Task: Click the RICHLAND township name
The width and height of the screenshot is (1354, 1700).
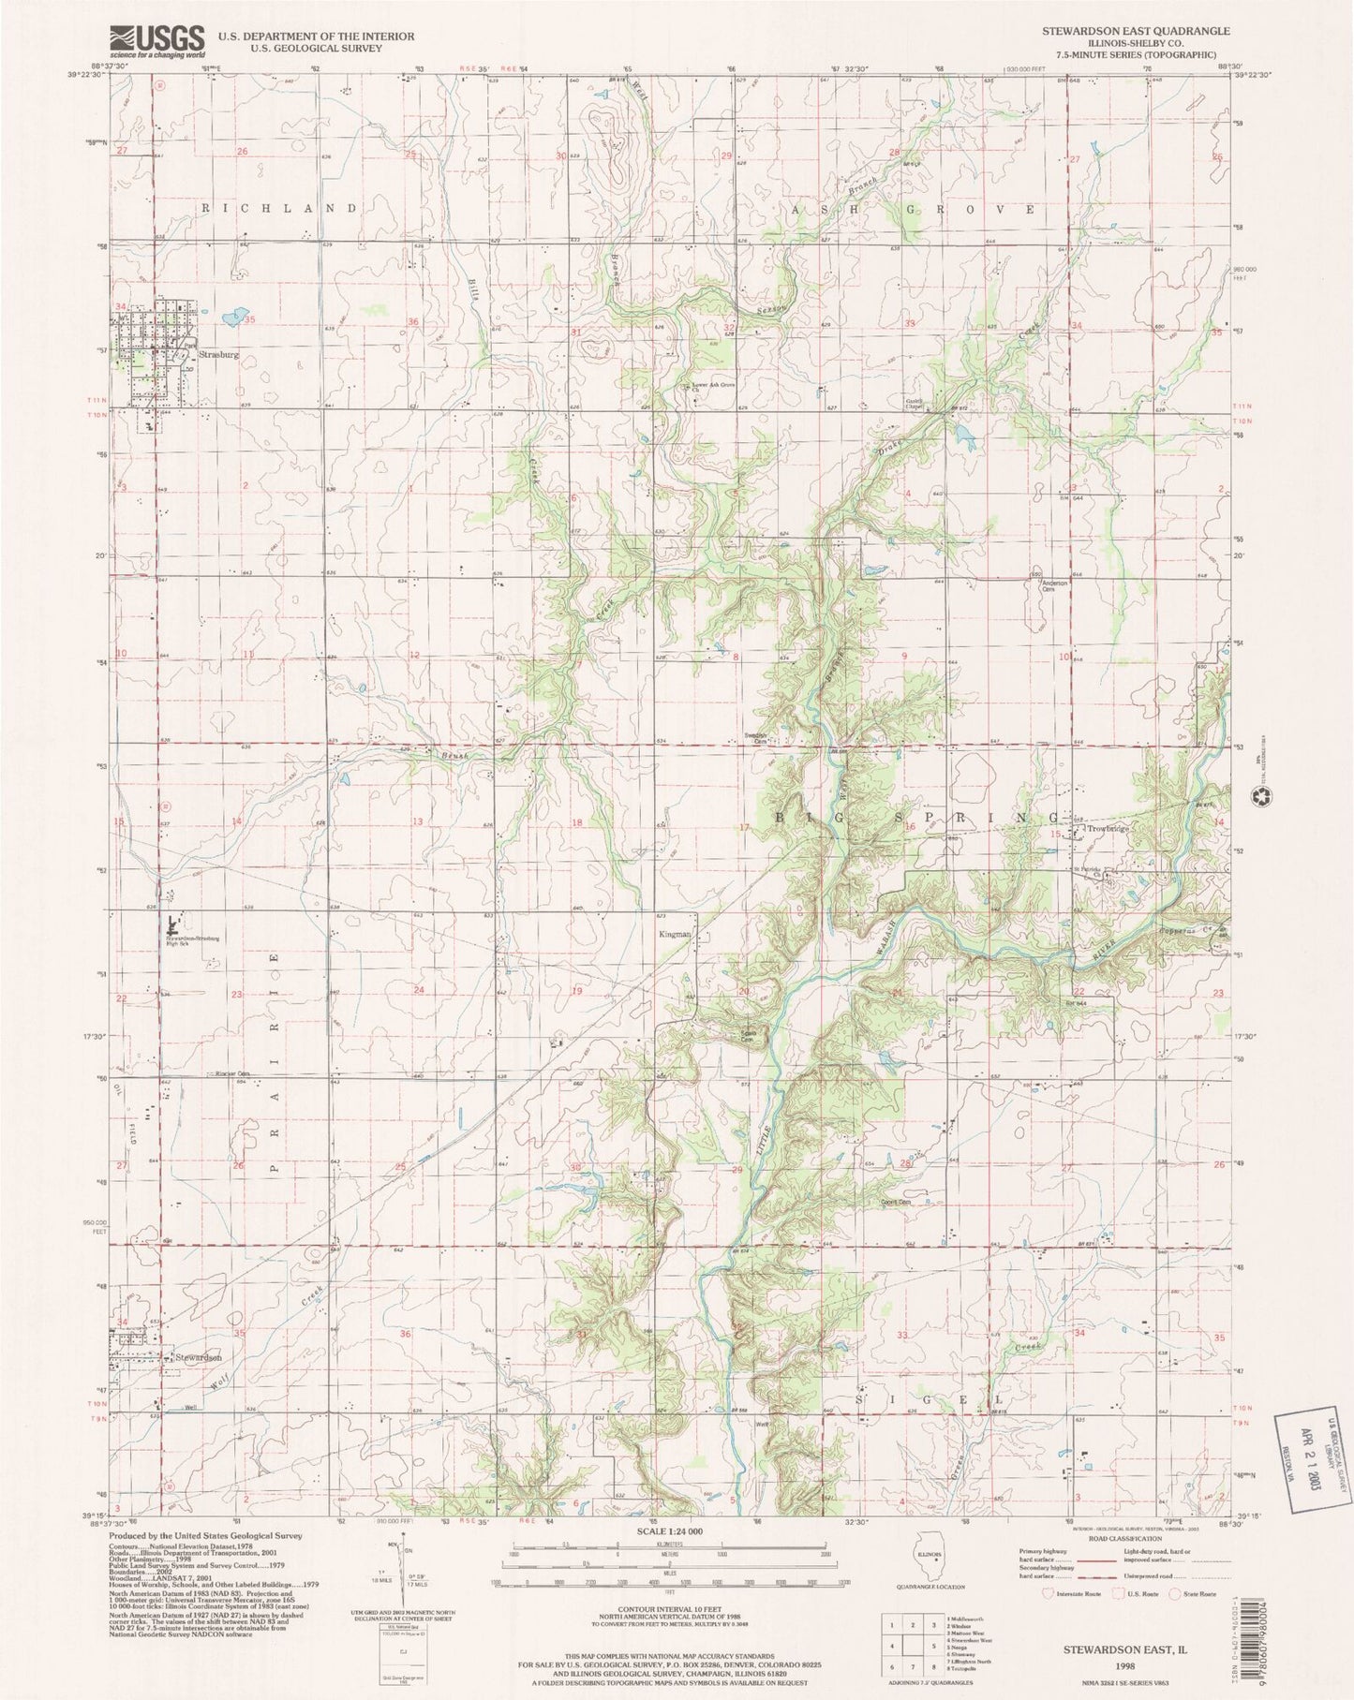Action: [x=278, y=209]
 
